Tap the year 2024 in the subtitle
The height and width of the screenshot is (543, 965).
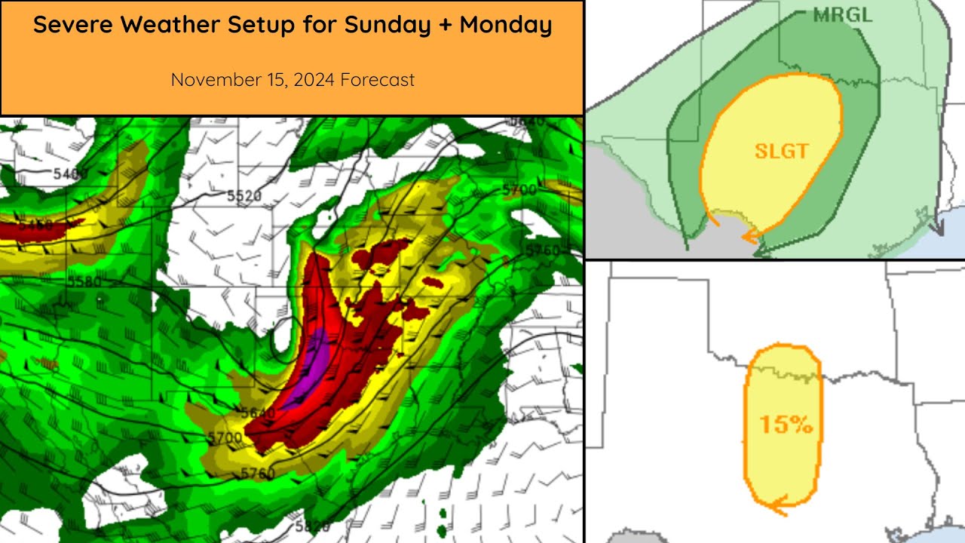pyautogui.click(x=311, y=79)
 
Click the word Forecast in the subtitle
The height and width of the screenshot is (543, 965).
pyautogui.click(x=377, y=79)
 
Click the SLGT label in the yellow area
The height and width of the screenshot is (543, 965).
pyautogui.click(x=782, y=151)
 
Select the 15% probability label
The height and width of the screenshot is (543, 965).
pyautogui.click(x=786, y=424)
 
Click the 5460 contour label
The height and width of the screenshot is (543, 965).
pyautogui.click(x=35, y=225)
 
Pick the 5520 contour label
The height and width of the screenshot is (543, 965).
pyautogui.click(x=244, y=196)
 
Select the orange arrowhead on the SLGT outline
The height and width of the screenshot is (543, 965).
pyautogui.click(x=749, y=237)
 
